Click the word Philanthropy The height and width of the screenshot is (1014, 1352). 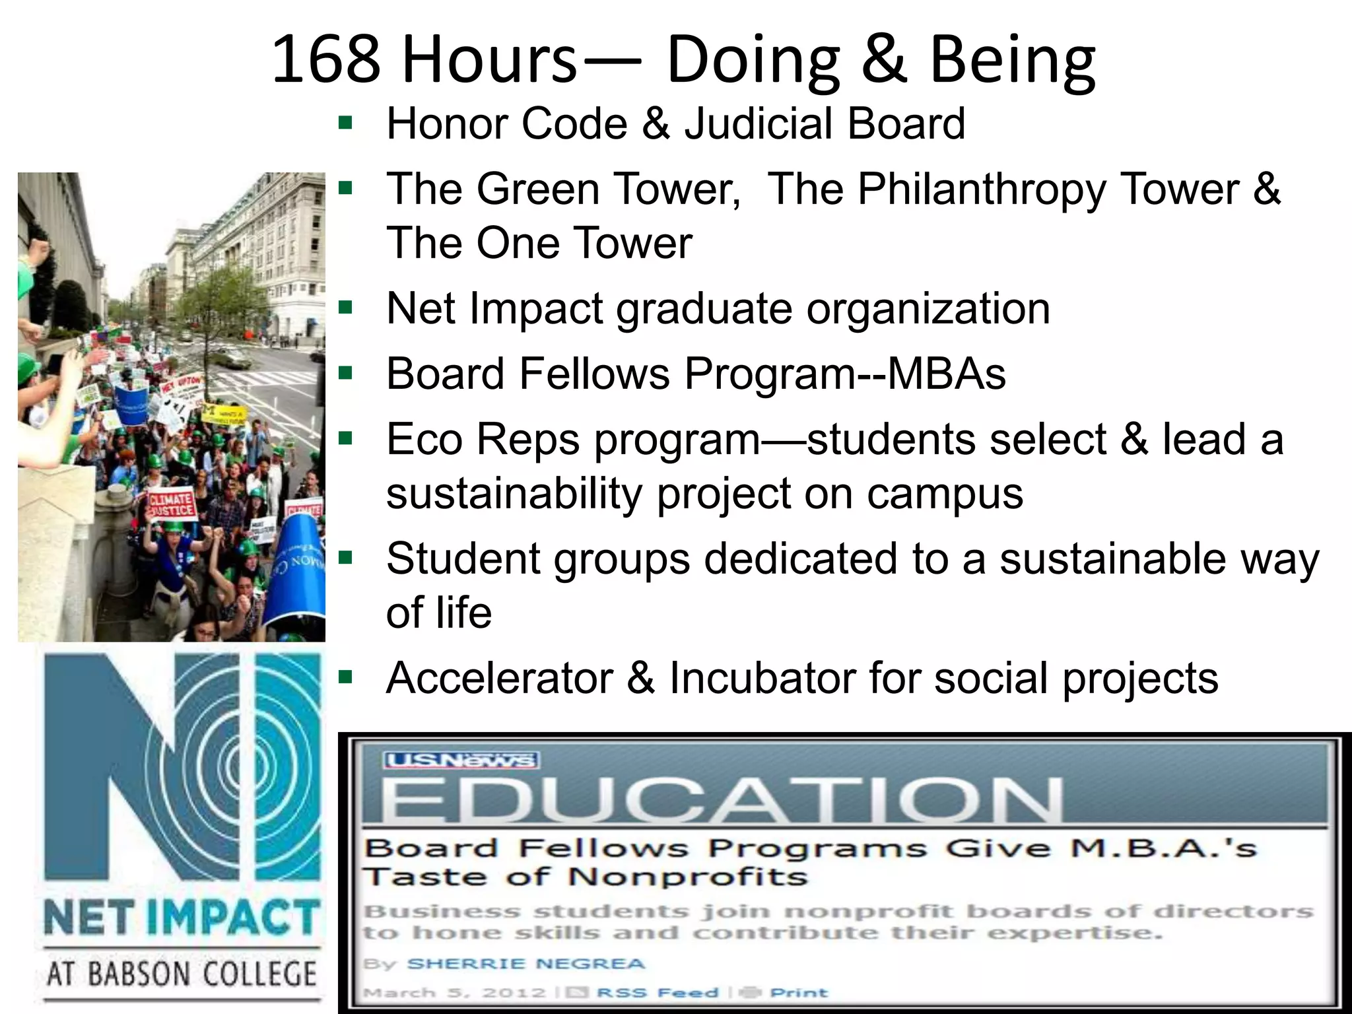(981, 189)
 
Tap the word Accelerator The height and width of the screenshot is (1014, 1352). (500, 678)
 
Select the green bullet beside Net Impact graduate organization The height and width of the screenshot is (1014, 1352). (345, 307)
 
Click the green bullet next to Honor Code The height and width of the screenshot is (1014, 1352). (345, 122)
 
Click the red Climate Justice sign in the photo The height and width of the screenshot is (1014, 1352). (171, 504)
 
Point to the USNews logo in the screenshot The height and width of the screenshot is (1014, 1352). (461, 761)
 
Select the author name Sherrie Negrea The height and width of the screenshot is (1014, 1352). (525, 964)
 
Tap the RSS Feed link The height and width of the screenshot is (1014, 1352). (657, 993)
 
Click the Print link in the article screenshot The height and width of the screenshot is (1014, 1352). (799, 993)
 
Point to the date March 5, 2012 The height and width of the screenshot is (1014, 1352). (455, 993)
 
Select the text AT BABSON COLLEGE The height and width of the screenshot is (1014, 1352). (182, 974)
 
